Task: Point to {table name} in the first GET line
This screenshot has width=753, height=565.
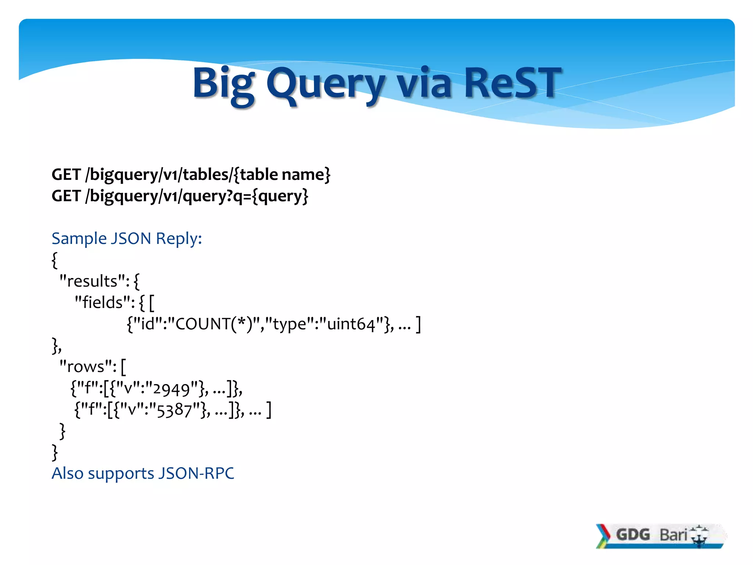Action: point(282,174)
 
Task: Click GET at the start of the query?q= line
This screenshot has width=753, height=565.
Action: point(66,196)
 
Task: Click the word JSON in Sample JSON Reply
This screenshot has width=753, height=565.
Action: point(131,238)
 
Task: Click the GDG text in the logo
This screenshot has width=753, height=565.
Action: point(633,534)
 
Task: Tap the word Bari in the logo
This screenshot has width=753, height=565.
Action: point(673,534)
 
